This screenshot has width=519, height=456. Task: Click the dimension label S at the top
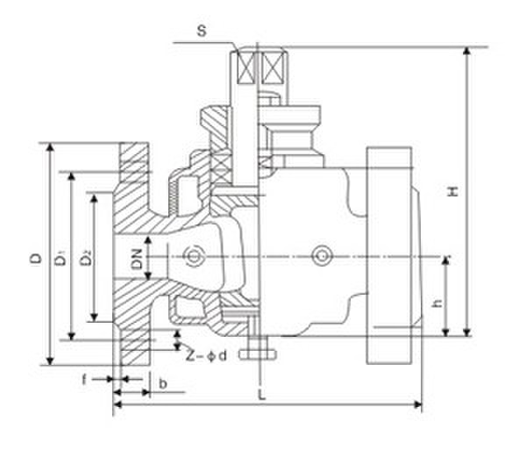[202, 31]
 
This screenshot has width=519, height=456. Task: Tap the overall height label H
[453, 191]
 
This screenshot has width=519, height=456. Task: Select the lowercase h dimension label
[438, 303]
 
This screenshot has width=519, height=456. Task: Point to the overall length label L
[262, 395]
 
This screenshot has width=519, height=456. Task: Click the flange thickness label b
[162, 383]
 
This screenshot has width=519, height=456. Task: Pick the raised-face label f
[84, 380]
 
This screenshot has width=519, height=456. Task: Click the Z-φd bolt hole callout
[206, 356]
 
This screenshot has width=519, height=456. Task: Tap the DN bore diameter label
[137, 259]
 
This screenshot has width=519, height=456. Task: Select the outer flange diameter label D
[36, 259]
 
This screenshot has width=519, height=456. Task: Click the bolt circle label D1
[60, 259]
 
